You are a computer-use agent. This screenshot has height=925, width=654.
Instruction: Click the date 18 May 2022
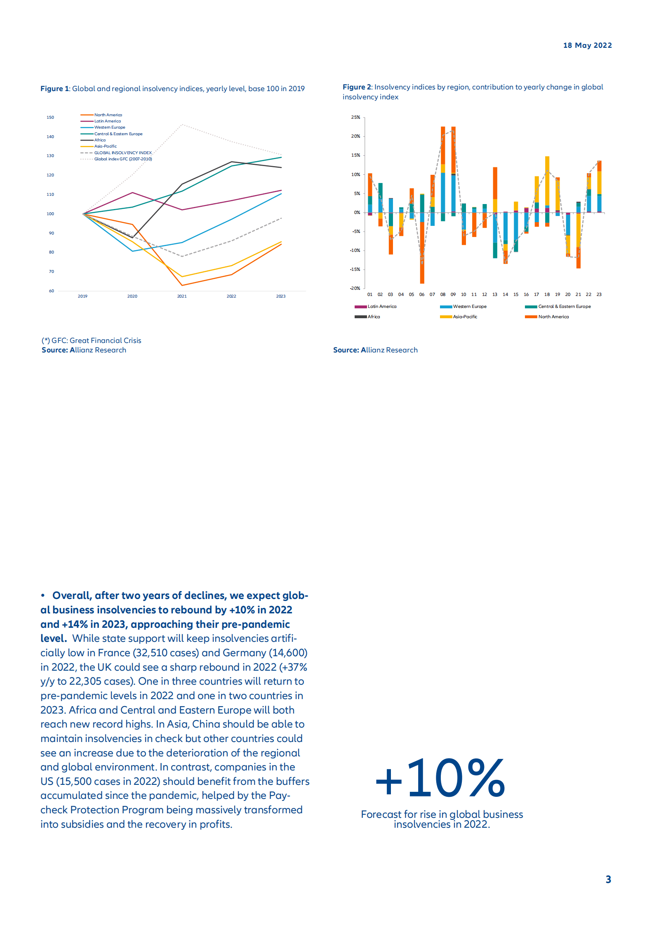coord(587,45)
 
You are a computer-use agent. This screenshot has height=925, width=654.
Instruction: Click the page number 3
coord(608,879)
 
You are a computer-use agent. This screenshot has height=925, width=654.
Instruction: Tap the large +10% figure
coord(440,778)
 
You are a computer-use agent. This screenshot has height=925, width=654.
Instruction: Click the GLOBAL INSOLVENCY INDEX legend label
coord(123,153)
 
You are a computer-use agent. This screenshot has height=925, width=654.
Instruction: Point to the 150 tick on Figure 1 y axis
coord(50,117)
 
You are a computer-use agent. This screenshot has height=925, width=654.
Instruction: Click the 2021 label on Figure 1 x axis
coord(181,296)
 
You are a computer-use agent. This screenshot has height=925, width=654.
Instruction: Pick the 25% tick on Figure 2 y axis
coord(355,117)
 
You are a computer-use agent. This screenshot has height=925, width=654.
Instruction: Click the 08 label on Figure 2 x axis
coord(442,295)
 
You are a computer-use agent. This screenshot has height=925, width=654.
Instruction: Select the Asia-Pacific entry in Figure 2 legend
coord(465,317)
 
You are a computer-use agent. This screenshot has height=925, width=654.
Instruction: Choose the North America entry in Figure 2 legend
coord(553,317)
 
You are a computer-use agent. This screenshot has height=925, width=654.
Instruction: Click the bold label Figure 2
coord(357,87)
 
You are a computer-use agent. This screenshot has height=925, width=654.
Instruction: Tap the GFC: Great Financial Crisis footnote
coord(92,340)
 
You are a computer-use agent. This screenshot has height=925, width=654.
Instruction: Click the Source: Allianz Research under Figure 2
coord(375,350)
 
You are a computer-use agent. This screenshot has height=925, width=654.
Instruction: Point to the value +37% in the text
coord(293,667)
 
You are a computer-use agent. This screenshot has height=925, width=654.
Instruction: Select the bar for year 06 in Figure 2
coord(422,247)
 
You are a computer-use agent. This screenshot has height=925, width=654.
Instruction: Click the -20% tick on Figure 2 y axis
coord(355,289)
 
